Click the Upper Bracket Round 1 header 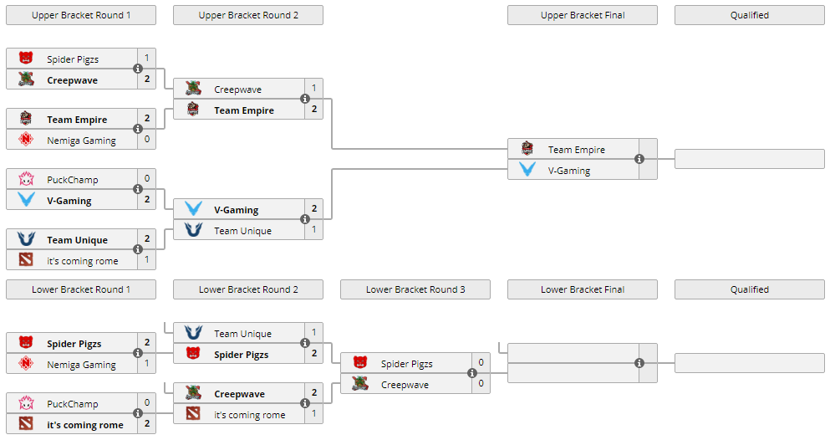pyautogui.click(x=81, y=15)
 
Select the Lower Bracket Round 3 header pyautogui.click(x=415, y=289)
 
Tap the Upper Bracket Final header pyautogui.click(x=583, y=15)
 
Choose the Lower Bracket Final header pyautogui.click(x=583, y=289)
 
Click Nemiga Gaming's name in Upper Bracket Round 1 pyautogui.click(x=81, y=141)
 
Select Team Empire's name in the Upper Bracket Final pyautogui.click(x=577, y=150)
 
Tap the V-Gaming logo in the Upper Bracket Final pyautogui.click(x=527, y=170)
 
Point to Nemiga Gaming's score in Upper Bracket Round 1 pyautogui.click(x=147, y=140)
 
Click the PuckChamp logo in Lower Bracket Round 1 pyautogui.click(x=26, y=403)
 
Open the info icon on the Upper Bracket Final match pyautogui.click(x=639, y=159)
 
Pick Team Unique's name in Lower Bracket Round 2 pyautogui.click(x=242, y=334)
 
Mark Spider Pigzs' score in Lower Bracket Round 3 pyautogui.click(x=481, y=363)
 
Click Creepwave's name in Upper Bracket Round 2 pyautogui.click(x=237, y=90)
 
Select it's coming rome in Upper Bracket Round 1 pyautogui.click(x=83, y=261)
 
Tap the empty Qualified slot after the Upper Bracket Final pyautogui.click(x=749, y=159)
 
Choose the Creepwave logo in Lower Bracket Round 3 pyautogui.click(x=360, y=384)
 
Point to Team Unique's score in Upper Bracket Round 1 pyautogui.click(x=147, y=239)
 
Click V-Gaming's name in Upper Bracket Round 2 pyautogui.click(x=236, y=210)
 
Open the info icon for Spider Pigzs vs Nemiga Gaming pyautogui.click(x=138, y=353)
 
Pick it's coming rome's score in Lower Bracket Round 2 pyautogui.click(x=314, y=413)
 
